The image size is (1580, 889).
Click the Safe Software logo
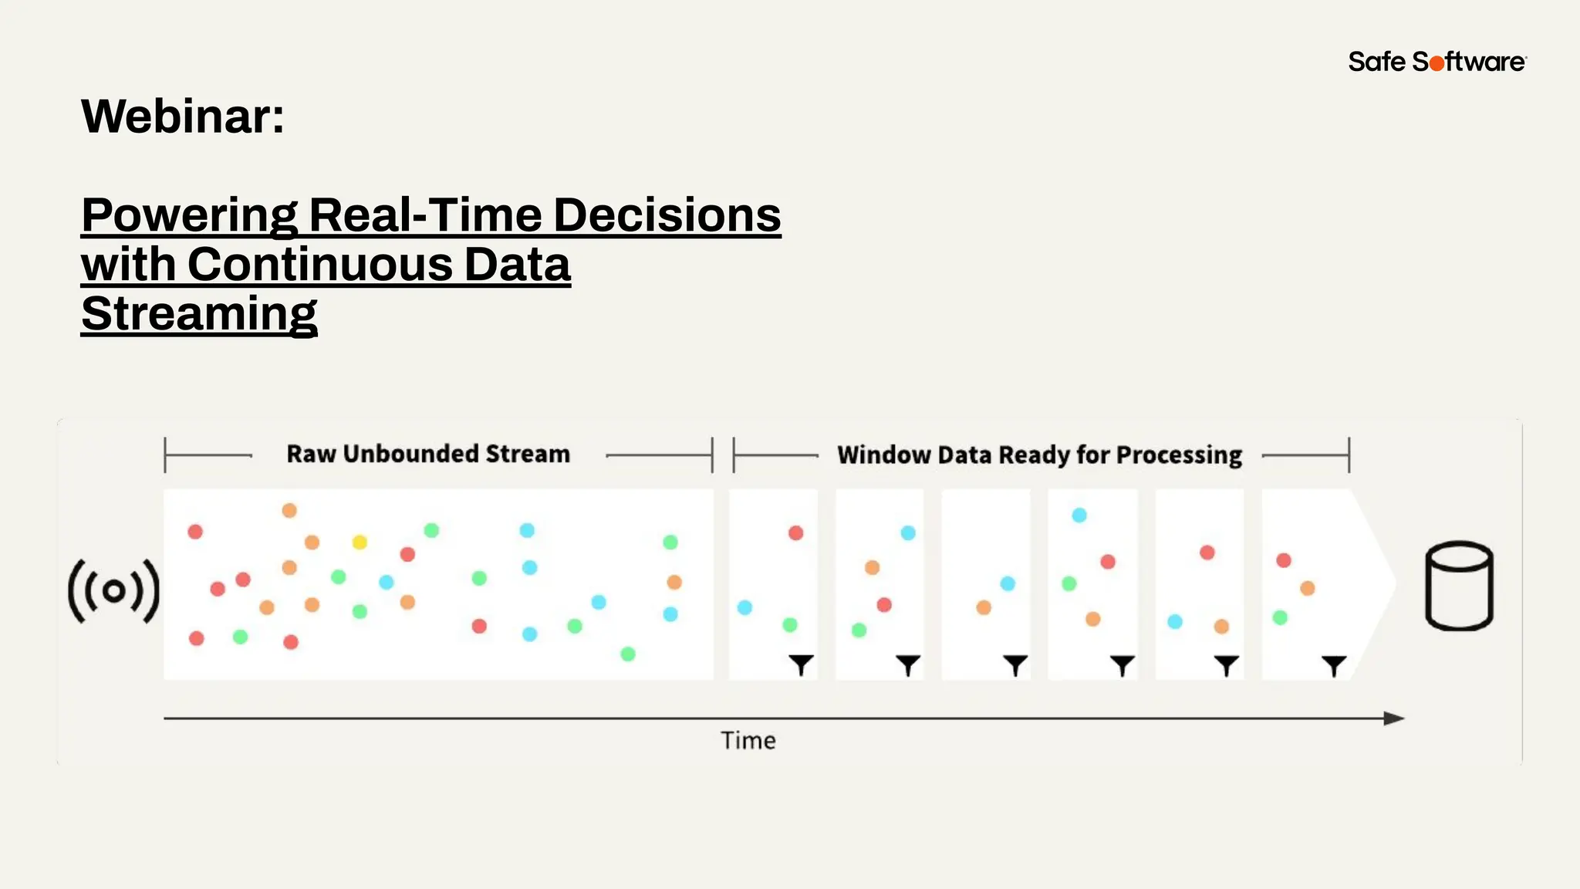point(1437,62)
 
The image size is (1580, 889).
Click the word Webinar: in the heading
point(183,117)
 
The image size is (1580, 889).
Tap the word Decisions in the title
point(667,215)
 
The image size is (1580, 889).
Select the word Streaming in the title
point(199,314)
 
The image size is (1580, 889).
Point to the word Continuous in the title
point(320,265)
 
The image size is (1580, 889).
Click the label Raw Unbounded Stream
point(428,454)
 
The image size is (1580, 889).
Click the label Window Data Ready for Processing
point(1039,455)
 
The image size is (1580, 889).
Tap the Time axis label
point(748,741)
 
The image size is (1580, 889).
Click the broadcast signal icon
point(113,591)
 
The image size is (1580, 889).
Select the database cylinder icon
point(1458,586)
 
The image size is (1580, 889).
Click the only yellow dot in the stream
point(360,543)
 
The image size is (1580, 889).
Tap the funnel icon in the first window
point(801,664)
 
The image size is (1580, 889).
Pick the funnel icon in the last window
point(1334,664)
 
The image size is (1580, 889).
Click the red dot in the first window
point(796,532)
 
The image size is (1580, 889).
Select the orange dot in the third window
point(984,607)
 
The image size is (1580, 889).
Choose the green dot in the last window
point(1280,617)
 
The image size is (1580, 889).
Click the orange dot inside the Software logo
point(1437,63)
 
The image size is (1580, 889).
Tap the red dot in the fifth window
point(1207,553)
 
